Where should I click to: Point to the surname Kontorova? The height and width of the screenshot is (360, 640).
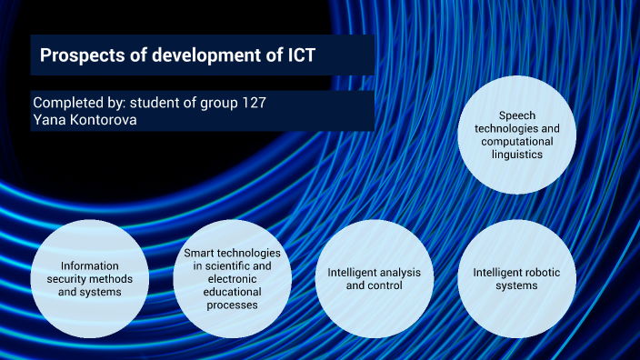104,119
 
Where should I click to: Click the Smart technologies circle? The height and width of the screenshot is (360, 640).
232,279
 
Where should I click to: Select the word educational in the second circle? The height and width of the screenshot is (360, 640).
232,292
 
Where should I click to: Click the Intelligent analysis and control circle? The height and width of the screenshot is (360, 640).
373,279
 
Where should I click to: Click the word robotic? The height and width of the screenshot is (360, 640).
537,272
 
